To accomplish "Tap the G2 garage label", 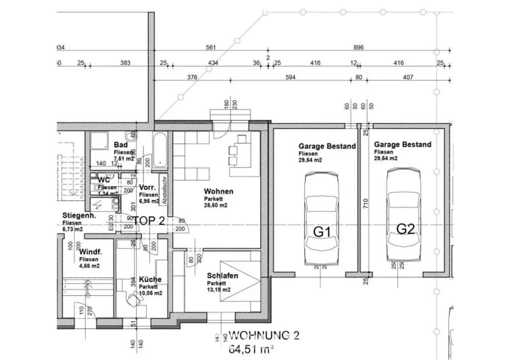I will [405, 229].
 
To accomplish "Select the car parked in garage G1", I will [321, 219].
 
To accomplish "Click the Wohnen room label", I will [218, 191].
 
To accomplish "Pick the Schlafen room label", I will [223, 275].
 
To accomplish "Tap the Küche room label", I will [150, 279].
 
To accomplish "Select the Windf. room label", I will [91, 252].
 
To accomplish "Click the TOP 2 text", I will [148, 222].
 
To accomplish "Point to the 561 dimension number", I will [211, 48].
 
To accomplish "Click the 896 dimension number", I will [358, 48].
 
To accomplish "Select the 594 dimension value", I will [290, 77].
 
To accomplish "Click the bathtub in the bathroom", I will [160, 150].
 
